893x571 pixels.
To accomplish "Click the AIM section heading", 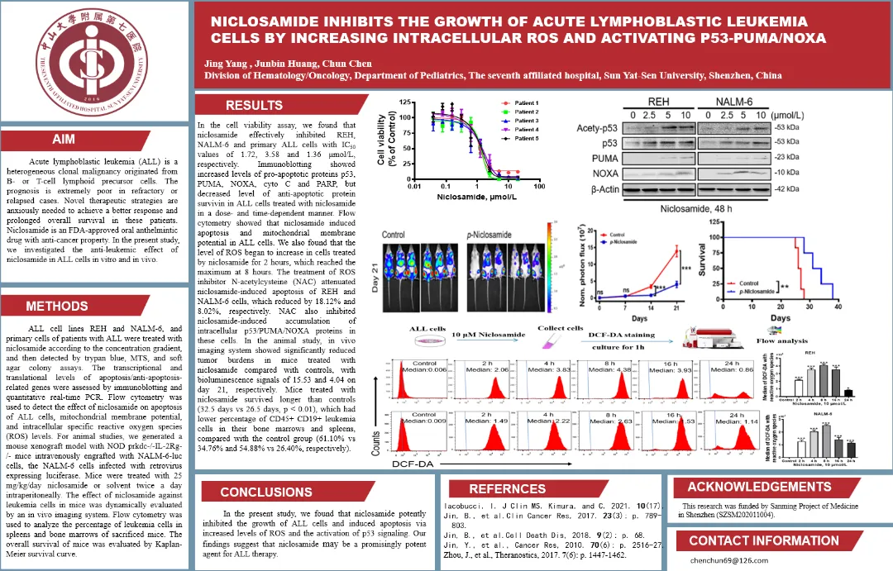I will [64, 140].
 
